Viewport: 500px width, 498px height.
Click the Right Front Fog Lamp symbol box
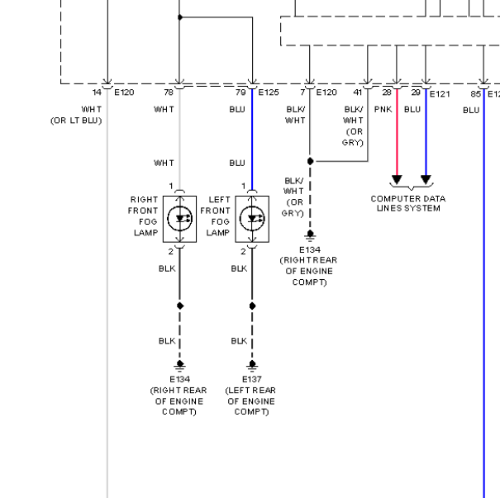(x=179, y=219)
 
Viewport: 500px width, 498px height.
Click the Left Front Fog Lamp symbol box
(x=252, y=219)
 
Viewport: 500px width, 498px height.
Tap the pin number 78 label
(x=169, y=92)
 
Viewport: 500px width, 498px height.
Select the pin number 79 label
(x=240, y=92)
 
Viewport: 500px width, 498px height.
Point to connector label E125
(x=269, y=92)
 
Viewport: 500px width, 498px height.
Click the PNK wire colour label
(x=383, y=110)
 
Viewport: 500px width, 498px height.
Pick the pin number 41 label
(x=358, y=92)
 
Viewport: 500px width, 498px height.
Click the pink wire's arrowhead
(x=397, y=179)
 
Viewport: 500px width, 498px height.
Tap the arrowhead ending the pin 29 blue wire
(x=426, y=179)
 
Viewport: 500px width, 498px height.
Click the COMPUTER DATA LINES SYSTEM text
(x=408, y=203)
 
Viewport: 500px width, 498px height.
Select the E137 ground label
(x=252, y=379)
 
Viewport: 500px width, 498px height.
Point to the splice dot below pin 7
(x=310, y=161)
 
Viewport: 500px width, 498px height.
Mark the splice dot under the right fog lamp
(x=180, y=306)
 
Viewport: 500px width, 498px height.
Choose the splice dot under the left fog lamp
(x=252, y=306)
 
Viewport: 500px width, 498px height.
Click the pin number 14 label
(x=97, y=92)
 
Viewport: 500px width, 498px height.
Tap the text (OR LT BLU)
(x=76, y=121)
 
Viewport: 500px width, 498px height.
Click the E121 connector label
(x=440, y=94)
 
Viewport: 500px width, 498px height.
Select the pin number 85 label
(x=475, y=94)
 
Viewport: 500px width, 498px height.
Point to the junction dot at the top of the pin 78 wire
(x=180, y=17)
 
